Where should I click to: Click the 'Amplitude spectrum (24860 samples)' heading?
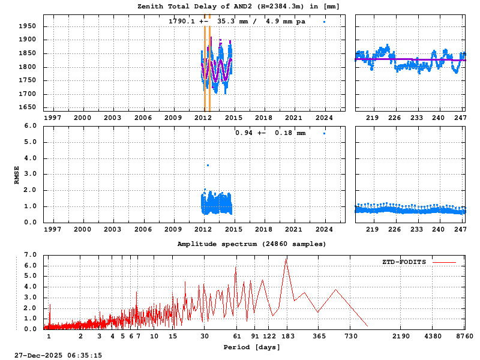pos(251,244)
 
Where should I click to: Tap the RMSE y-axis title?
pos(17,175)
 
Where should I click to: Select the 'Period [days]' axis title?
pos(252,347)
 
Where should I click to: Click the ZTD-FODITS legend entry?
pos(419,262)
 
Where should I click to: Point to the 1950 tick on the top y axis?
pos(31,26)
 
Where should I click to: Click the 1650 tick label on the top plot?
pos(31,108)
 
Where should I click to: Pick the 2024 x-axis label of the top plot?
pos(325,118)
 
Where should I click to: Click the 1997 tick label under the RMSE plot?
pos(53,229)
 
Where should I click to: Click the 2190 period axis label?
pos(402,337)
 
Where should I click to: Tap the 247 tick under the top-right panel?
pos(460,118)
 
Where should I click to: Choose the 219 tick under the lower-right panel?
pos(372,229)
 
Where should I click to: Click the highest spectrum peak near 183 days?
pos(287,258)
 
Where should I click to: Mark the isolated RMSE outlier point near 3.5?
pos(208,165)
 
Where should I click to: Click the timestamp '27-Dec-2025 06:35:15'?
pos(59,355)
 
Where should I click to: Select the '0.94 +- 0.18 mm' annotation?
pos(270,133)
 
